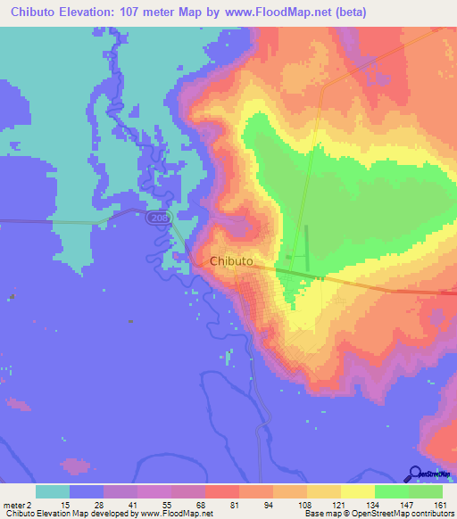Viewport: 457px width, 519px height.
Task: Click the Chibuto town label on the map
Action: [231, 261]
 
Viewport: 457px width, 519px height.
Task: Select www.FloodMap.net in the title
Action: [267, 12]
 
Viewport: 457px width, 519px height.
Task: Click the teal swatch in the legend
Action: [53, 491]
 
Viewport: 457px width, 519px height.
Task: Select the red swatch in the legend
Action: [222, 491]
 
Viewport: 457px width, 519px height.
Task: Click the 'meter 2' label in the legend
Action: [17, 504]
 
